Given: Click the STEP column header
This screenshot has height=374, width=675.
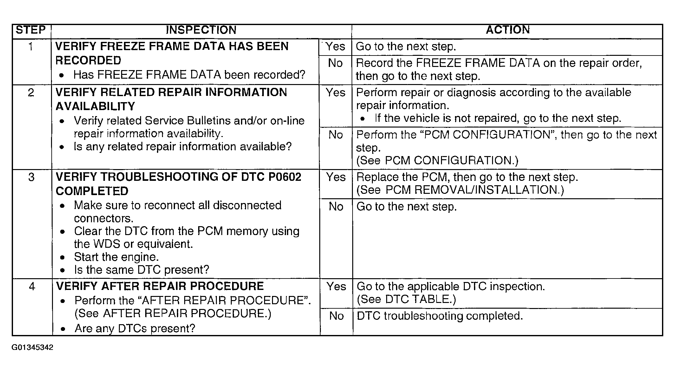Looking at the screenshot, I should (31, 30).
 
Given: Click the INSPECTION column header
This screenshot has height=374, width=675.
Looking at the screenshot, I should (201, 30).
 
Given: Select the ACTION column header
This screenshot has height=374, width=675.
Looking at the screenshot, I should (508, 30).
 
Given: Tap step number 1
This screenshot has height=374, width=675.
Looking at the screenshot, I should (31, 47).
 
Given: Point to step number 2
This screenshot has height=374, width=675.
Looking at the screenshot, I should (31, 93).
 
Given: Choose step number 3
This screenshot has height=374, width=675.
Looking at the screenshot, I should (31, 177).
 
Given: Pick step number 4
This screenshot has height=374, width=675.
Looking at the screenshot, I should (32, 286).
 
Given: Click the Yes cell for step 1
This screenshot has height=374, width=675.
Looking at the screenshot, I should (335, 47).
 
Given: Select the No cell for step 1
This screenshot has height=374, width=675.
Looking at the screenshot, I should (335, 63).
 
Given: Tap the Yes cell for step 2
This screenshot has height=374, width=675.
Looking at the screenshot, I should (335, 93).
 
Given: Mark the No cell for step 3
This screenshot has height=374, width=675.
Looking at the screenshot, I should (336, 207).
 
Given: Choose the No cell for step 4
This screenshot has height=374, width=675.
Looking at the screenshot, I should (336, 316).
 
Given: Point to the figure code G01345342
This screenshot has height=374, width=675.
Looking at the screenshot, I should (32, 347).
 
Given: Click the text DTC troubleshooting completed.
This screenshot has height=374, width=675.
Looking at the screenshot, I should (439, 316).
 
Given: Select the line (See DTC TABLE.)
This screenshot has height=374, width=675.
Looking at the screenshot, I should (406, 299).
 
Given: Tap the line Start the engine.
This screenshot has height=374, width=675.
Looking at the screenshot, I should (116, 257).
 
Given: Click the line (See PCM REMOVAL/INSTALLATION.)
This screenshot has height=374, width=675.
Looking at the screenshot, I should (460, 190).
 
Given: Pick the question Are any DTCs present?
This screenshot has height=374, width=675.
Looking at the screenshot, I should (135, 328).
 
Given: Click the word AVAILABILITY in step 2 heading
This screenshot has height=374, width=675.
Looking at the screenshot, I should (95, 107).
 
